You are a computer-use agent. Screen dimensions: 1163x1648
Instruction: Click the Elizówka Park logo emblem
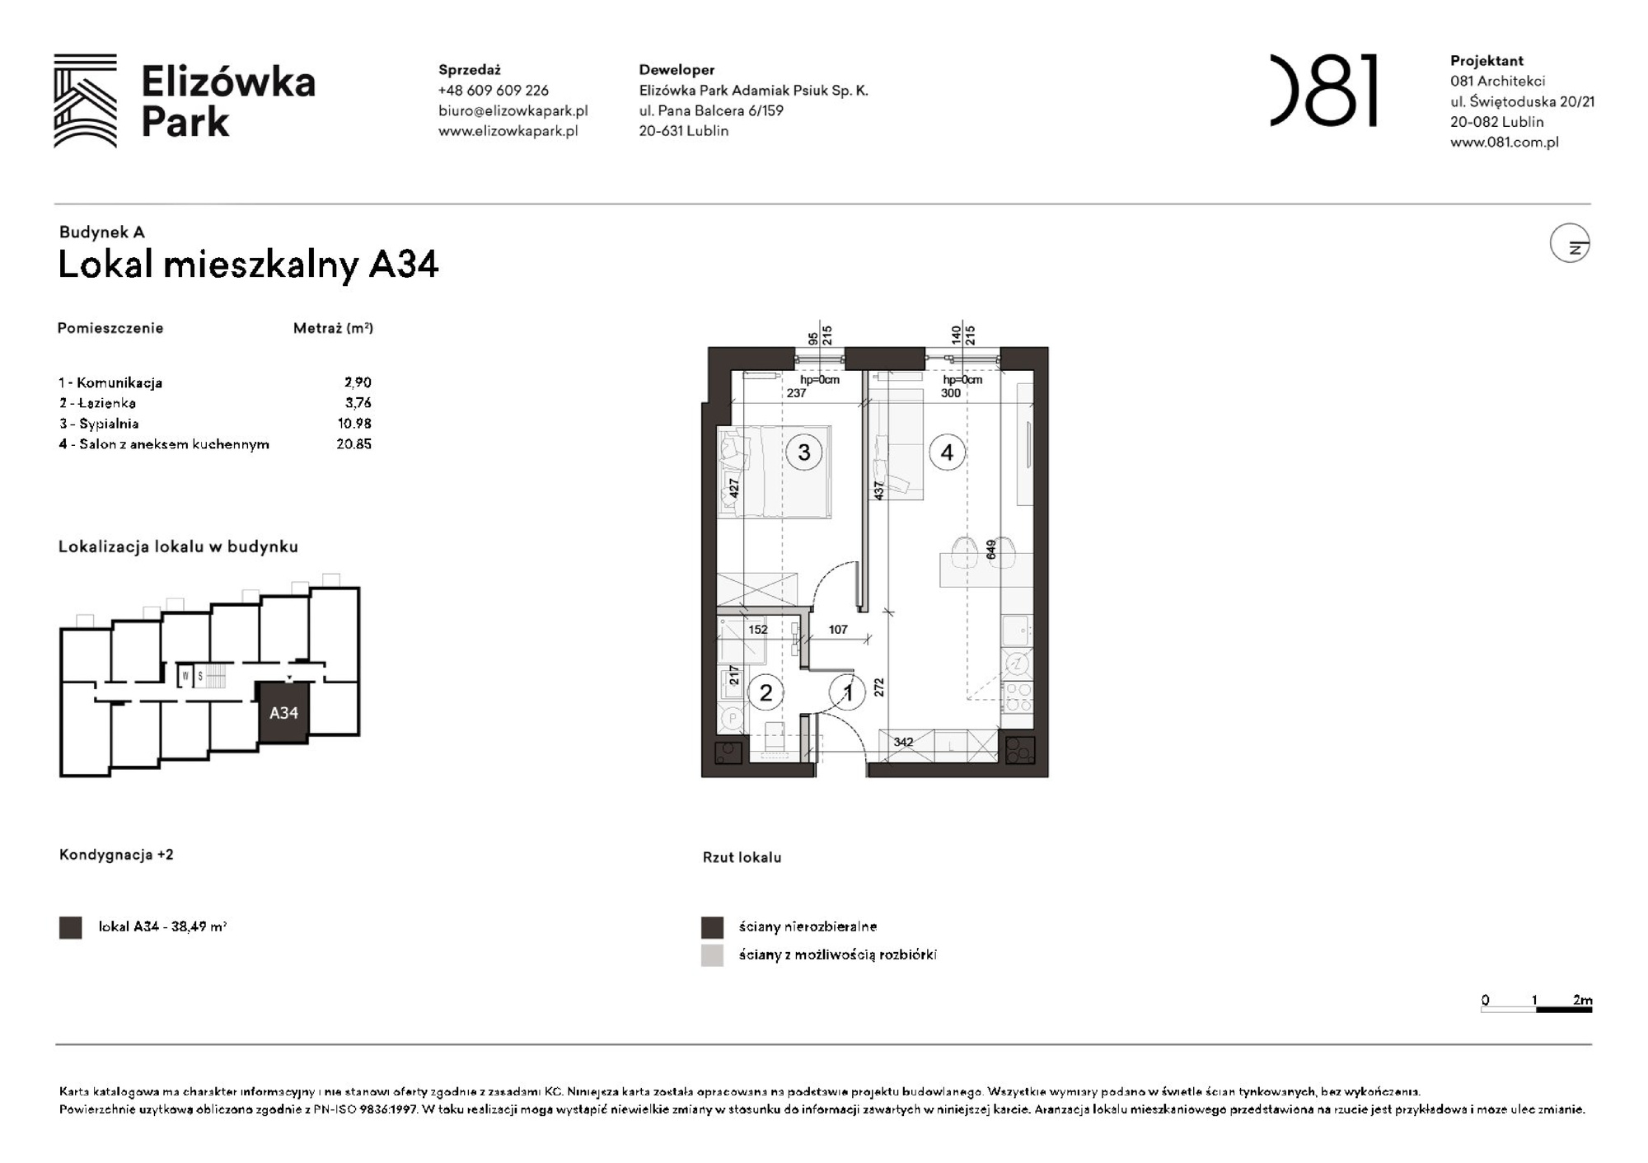[x=85, y=101]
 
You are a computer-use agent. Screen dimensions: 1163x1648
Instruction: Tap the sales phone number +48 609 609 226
[x=493, y=91]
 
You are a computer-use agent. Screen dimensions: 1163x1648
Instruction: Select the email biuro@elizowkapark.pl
[x=513, y=110]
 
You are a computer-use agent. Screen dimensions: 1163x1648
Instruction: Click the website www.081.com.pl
[x=1504, y=142]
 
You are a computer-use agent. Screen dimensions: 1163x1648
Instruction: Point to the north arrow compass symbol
[x=1569, y=244]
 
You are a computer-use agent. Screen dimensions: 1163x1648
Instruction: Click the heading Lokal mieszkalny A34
[x=248, y=265]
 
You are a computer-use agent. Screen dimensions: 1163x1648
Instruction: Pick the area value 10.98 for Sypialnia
[x=354, y=424]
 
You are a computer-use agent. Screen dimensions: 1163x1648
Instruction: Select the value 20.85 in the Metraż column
[x=353, y=444]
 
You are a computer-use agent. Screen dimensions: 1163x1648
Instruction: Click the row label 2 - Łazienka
[x=97, y=403]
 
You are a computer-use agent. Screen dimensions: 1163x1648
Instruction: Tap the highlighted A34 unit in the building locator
[x=283, y=713]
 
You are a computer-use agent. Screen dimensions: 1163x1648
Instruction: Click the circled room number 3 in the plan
[x=803, y=453]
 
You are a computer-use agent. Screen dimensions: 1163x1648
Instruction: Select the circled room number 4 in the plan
[x=947, y=453]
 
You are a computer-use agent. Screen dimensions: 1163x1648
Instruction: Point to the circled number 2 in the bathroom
[x=765, y=693]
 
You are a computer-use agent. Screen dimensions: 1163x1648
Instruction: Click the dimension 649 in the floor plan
[x=990, y=550]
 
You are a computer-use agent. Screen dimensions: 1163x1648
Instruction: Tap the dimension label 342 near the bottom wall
[x=903, y=742]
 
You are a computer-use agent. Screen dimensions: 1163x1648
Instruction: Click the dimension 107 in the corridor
[x=838, y=630]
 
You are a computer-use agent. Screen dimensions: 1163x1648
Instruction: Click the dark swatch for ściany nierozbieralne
[x=712, y=927]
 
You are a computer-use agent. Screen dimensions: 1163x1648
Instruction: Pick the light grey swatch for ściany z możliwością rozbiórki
[x=712, y=955]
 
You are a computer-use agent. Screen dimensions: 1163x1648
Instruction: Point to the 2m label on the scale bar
[x=1582, y=1000]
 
